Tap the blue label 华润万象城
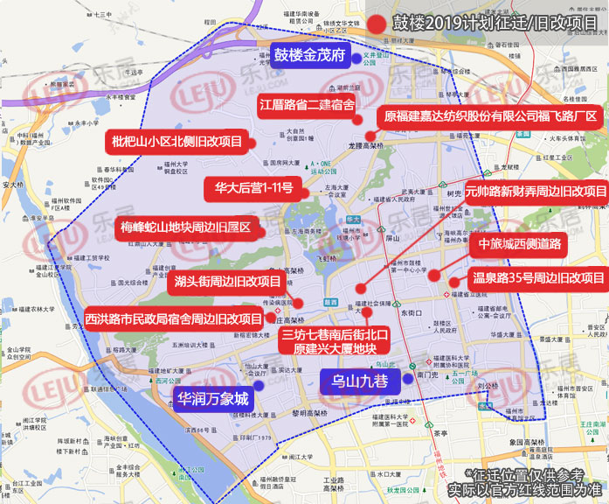[x=213, y=399]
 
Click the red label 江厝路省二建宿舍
[x=307, y=106]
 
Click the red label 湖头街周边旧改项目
[x=226, y=282]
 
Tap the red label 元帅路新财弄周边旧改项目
[x=536, y=191]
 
